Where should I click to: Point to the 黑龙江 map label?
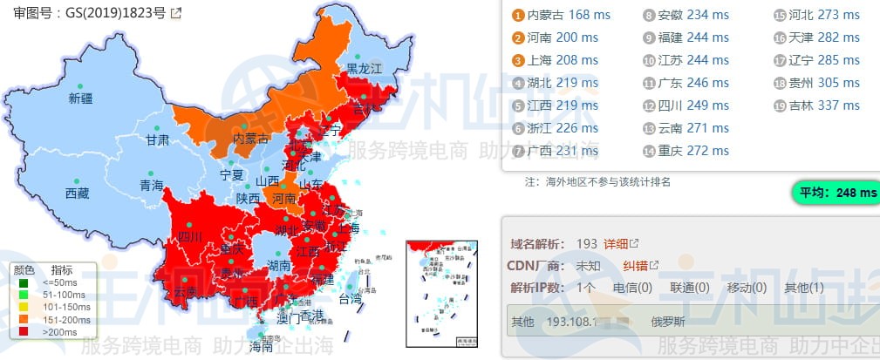pyautogui.click(x=365, y=68)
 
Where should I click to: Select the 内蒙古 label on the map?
pyautogui.click(x=252, y=139)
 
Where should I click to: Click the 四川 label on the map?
pyautogui.click(x=190, y=236)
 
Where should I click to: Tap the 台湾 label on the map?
pyautogui.click(x=349, y=299)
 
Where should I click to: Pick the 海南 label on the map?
pyautogui.click(x=266, y=346)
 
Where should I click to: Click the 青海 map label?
pyautogui.click(x=152, y=186)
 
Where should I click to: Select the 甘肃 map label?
pyautogui.click(x=158, y=139)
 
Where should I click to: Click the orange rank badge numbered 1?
pyautogui.click(x=518, y=15)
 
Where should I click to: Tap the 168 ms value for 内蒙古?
pyautogui.click(x=590, y=15)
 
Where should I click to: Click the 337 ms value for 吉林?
pyautogui.click(x=839, y=105)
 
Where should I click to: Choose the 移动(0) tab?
pyautogui.click(x=747, y=288)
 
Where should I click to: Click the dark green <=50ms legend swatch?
pyautogui.click(x=23, y=282)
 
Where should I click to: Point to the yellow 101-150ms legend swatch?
pyautogui.click(x=23, y=308)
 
